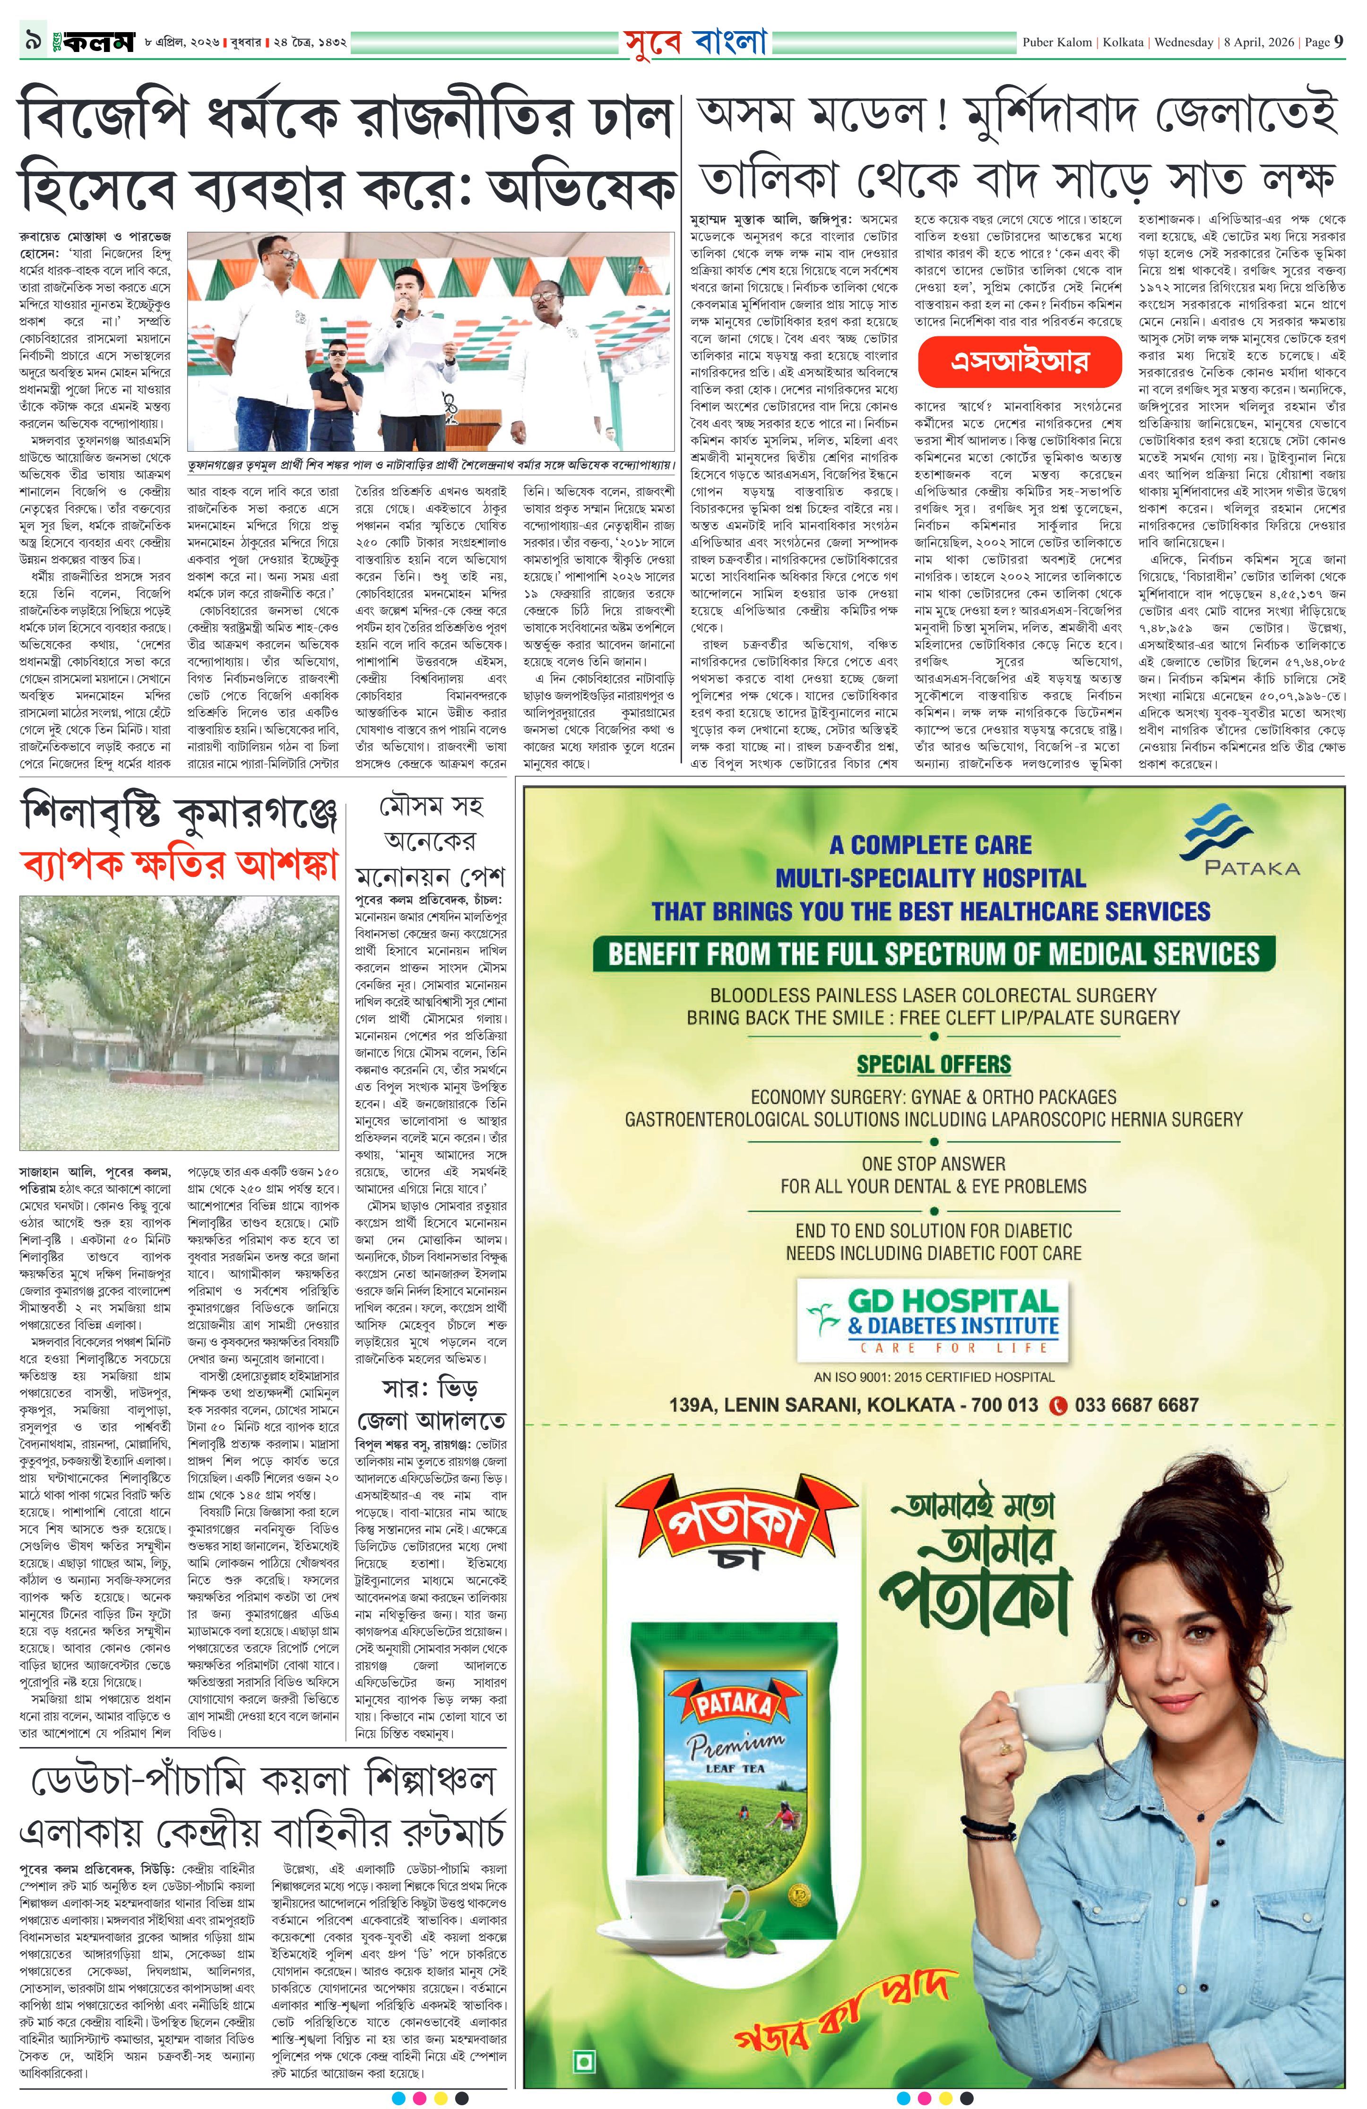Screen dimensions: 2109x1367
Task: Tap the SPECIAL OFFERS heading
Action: pyautogui.click(x=933, y=1063)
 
